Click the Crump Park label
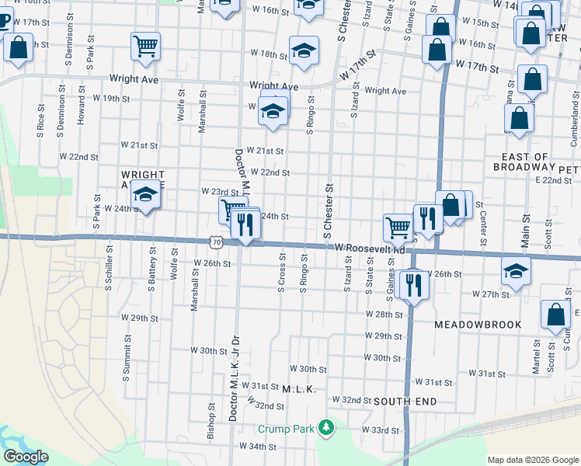click(287, 429)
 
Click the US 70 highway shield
click(215, 243)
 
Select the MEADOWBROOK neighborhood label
click(476, 324)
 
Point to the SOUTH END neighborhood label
click(405, 402)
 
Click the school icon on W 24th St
click(145, 195)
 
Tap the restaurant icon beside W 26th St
click(412, 284)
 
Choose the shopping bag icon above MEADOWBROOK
click(556, 315)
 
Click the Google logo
click(25, 457)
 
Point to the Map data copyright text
click(532, 460)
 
